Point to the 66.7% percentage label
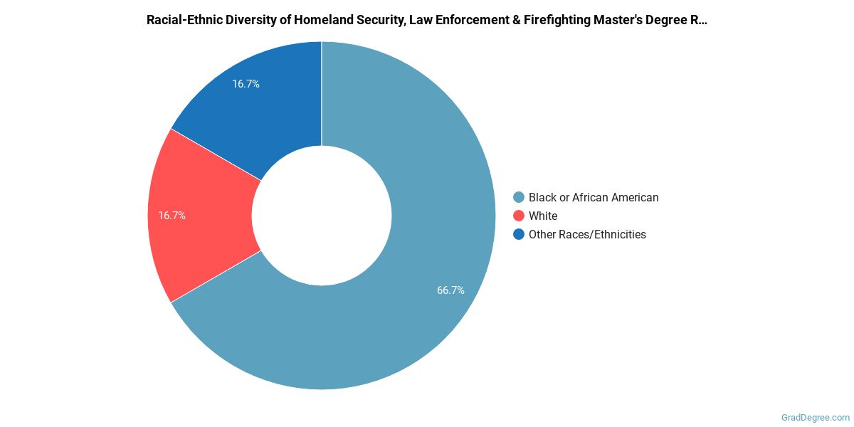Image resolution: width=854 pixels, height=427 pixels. point(450,290)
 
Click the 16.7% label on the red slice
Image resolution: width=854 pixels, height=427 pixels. point(172,216)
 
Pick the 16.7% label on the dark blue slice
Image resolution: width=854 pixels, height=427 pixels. point(246,84)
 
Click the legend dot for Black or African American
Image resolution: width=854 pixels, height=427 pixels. point(519,197)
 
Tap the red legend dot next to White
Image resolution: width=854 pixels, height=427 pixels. point(519,216)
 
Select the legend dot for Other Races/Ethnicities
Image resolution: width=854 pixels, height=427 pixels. point(519,234)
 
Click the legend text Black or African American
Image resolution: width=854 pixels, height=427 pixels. point(594,197)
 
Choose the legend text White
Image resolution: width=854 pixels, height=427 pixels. point(543,216)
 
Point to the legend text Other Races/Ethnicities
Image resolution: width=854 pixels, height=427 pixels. point(587,234)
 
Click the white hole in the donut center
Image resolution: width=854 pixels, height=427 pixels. point(322,216)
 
